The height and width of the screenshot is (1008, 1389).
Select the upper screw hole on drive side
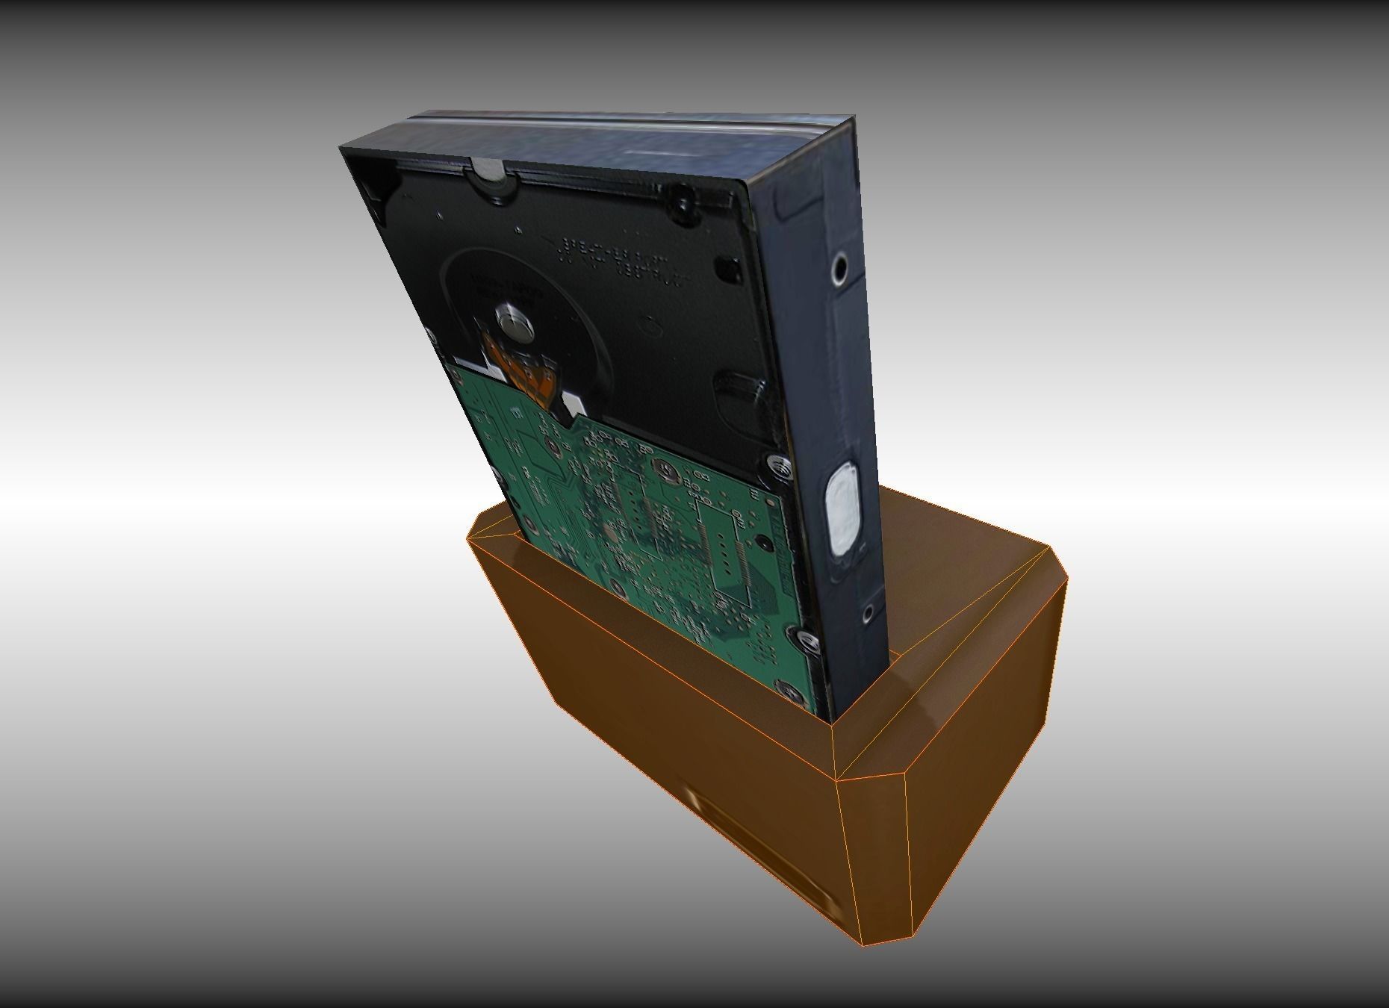840,269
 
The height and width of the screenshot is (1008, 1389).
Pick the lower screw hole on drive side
868,614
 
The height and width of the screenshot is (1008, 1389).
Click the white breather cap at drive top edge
489,170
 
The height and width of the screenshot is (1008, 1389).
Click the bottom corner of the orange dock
863,945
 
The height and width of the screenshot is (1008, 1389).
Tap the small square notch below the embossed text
724,266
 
